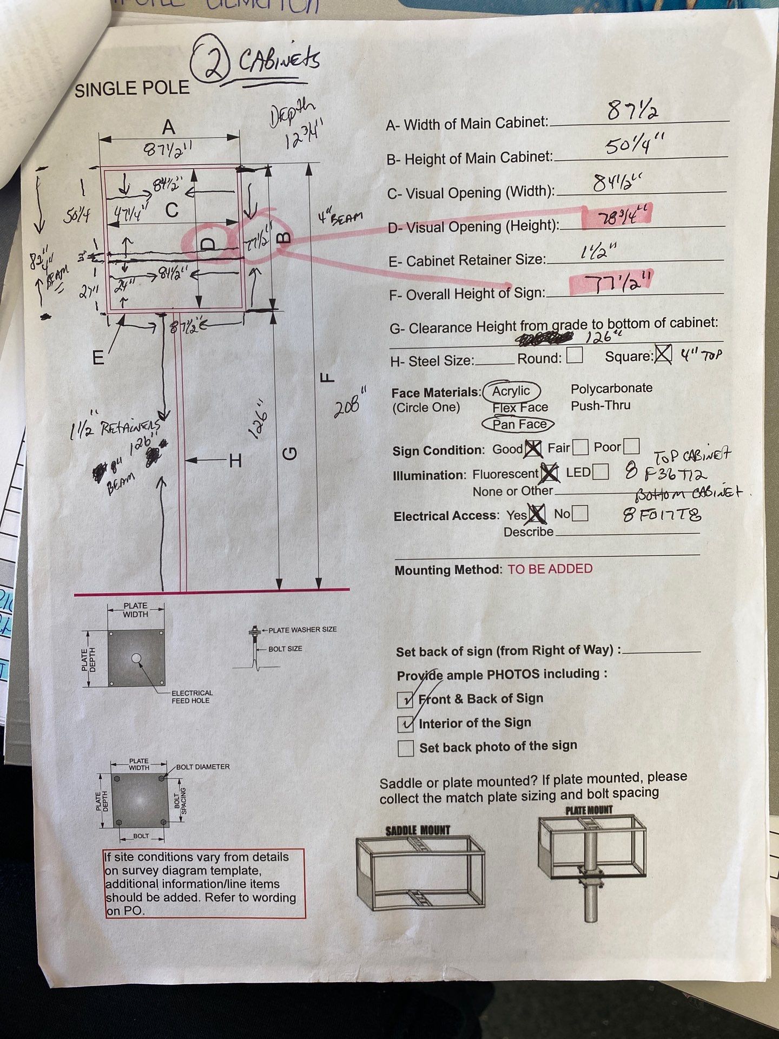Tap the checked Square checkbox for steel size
(663, 355)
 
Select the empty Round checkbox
(575, 356)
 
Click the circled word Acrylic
(512, 391)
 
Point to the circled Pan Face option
(519, 424)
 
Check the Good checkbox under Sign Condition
(533, 448)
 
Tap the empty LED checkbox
(600, 472)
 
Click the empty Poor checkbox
(631, 446)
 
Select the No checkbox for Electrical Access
(580, 513)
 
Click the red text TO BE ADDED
(550, 569)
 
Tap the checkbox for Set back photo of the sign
(406, 748)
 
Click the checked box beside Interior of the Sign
(406, 724)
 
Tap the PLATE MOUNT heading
(589, 810)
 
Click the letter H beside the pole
(235, 461)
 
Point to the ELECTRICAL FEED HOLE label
(192, 696)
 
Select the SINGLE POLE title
(132, 89)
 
